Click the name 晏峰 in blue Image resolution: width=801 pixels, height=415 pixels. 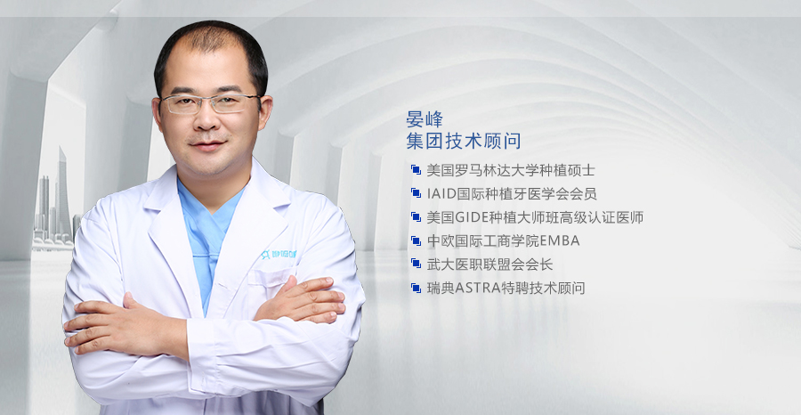point(424,119)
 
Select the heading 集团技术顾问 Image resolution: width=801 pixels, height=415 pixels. point(464,141)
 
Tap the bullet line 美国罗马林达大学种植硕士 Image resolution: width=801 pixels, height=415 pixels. point(511,170)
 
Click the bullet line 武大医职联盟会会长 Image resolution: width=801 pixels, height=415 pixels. point(489,264)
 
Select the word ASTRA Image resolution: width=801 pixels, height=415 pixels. point(474,288)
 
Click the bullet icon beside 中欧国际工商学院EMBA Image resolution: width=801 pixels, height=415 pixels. point(416,240)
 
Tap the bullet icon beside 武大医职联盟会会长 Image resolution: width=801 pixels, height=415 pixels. point(416,264)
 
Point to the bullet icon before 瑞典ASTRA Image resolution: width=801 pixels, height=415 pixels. point(416,288)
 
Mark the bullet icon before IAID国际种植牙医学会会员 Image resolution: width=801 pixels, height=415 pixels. point(416,194)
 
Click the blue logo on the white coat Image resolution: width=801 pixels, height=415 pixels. point(279,254)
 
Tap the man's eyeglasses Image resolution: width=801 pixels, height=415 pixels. point(209,103)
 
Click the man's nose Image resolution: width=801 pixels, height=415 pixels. point(208,122)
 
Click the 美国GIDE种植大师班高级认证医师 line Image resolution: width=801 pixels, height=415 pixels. point(535,217)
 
